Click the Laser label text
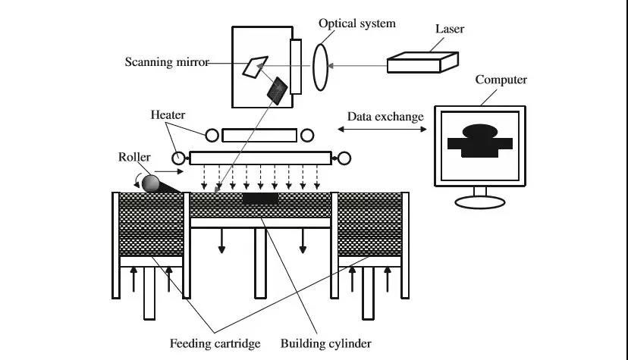(449, 30)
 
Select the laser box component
(422, 61)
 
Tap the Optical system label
(356, 23)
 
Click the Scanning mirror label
(166, 62)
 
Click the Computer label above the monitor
(501, 80)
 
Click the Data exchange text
(385, 117)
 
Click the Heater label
(167, 114)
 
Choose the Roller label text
(134, 158)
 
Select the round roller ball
(151, 183)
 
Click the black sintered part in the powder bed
(260, 198)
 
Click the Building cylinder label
(326, 343)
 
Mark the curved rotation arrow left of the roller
(137, 180)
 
